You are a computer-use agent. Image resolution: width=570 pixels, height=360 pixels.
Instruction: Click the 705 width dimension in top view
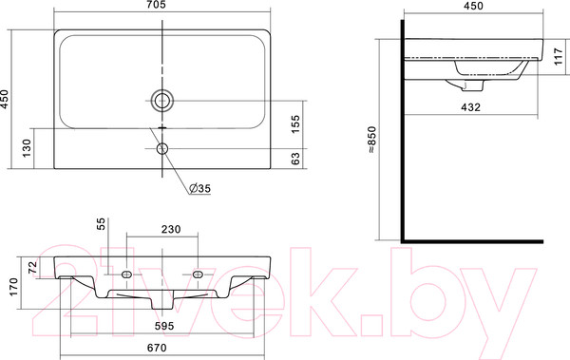(166, 8)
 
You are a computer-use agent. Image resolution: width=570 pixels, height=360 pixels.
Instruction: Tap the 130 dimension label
(28, 148)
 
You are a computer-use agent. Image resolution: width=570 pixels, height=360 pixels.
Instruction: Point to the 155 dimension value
(294, 124)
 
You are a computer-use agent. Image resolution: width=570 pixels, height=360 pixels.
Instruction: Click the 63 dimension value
(294, 160)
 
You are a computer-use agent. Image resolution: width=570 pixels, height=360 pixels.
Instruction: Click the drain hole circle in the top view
(163, 100)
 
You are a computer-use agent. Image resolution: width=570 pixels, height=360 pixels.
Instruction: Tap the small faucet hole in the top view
(163, 149)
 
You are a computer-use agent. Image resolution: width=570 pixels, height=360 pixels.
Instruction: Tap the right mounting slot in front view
(199, 274)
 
